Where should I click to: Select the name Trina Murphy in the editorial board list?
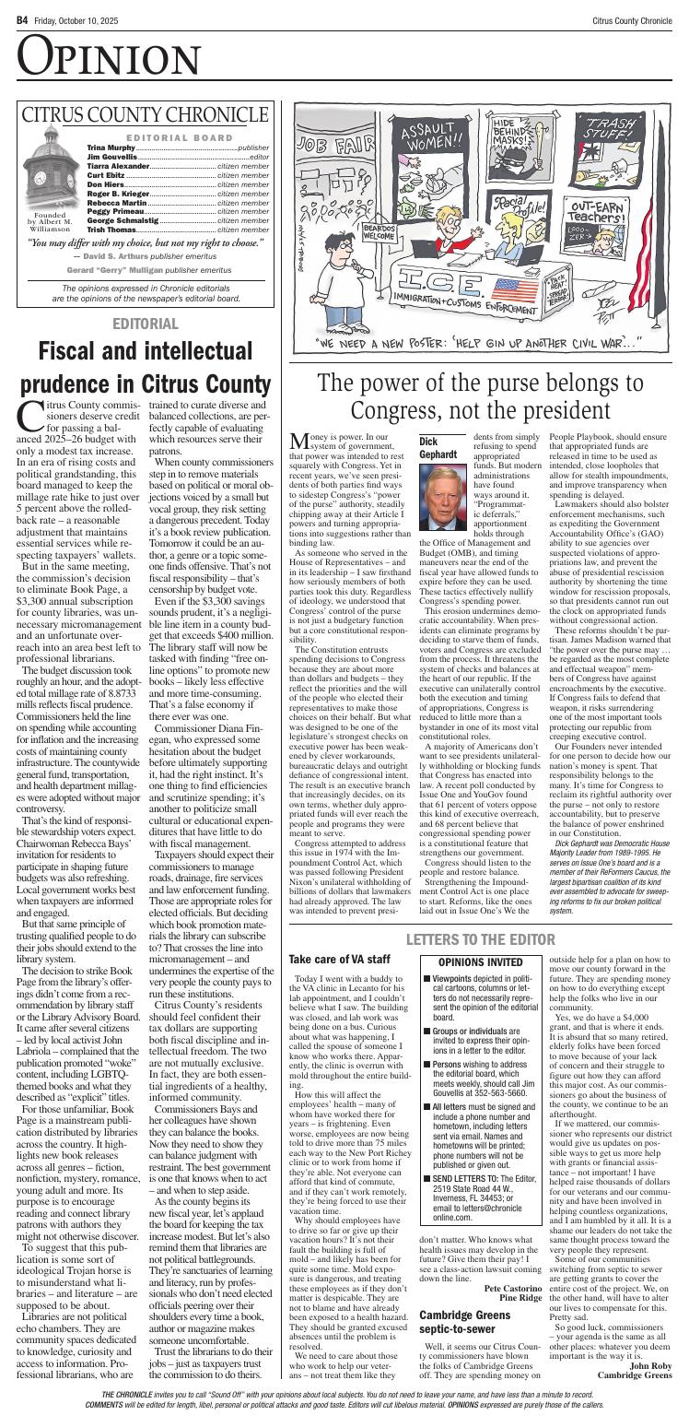(x=111, y=147)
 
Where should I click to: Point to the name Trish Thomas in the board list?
(x=111, y=229)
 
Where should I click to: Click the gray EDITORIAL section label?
(x=145, y=324)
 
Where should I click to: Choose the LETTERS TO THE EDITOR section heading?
(x=481, y=604)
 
